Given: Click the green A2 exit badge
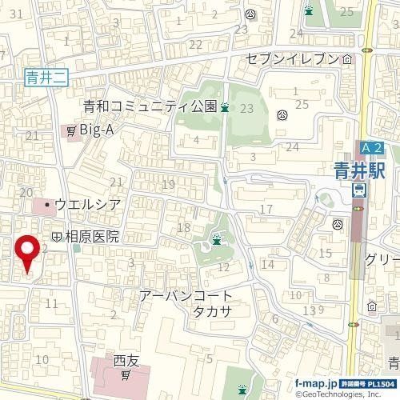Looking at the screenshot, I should click(x=370, y=148).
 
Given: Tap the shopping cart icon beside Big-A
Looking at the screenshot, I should click(x=71, y=129).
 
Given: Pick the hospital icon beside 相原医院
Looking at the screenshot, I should click(x=57, y=237).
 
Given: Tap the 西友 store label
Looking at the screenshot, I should click(x=126, y=360).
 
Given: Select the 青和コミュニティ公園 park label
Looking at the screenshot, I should click(x=150, y=106).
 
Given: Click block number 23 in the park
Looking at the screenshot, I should click(x=246, y=108).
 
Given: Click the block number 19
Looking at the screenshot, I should click(x=168, y=185).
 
